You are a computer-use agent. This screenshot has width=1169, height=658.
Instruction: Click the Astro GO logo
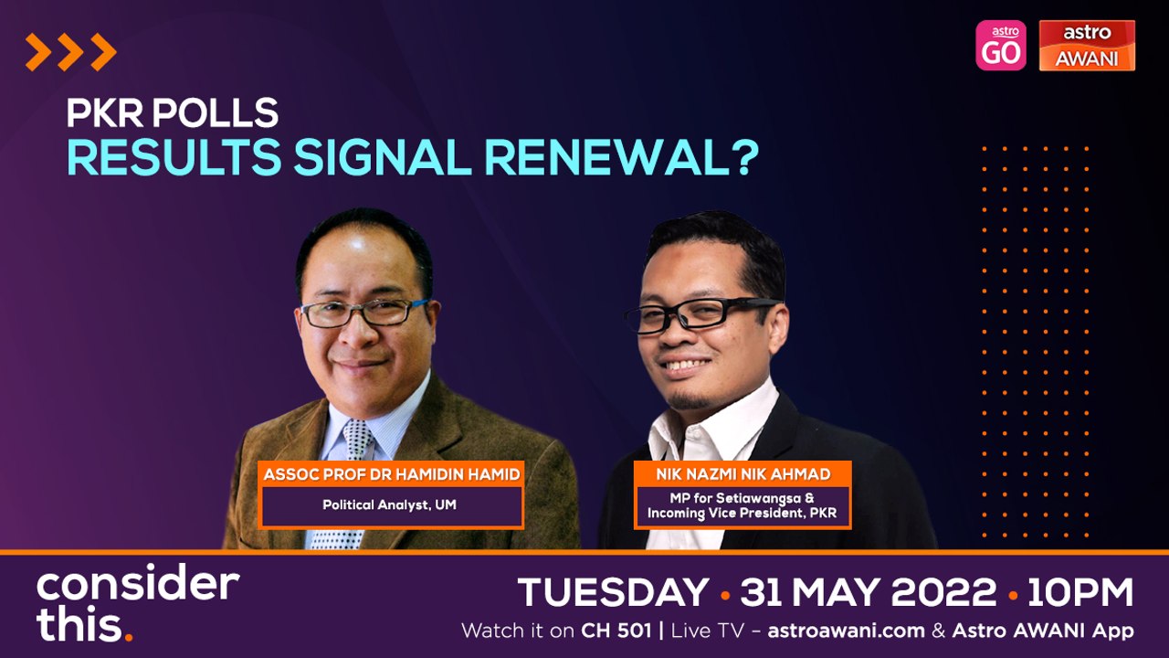tap(1000, 46)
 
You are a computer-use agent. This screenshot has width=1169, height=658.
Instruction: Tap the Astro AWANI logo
tap(1087, 46)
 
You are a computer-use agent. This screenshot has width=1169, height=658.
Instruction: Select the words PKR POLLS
tap(173, 112)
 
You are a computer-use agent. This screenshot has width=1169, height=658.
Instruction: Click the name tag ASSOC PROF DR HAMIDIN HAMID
tap(392, 474)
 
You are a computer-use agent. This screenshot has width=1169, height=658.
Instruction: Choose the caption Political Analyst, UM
tap(389, 504)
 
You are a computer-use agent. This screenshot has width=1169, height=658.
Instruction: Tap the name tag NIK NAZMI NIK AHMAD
tap(742, 474)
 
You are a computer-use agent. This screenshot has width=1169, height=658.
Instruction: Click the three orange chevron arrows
tap(71, 52)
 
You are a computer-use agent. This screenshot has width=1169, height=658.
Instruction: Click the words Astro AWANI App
tap(1043, 631)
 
